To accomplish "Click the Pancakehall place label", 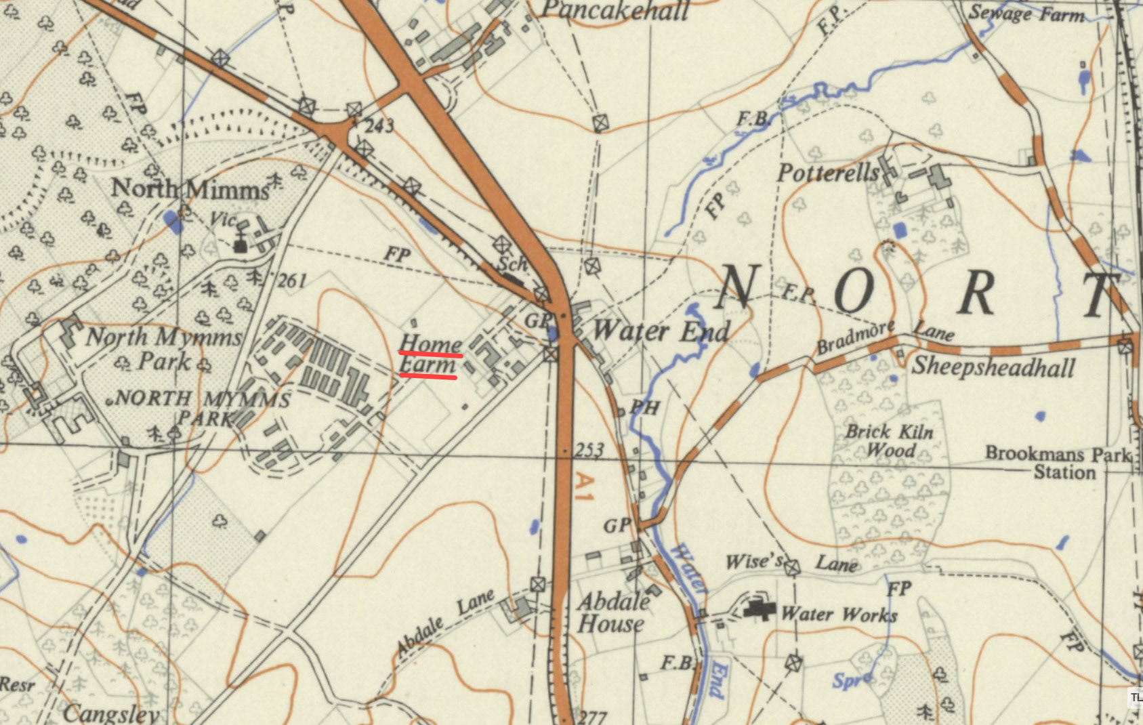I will click(615, 10).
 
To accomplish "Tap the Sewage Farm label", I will click(1026, 14).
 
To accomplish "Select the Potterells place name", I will click(828, 173).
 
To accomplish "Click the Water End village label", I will click(661, 331).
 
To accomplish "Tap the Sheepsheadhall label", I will click(993, 367).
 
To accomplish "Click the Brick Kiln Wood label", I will click(890, 441).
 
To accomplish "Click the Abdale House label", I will click(612, 613).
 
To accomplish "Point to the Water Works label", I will click(839, 615).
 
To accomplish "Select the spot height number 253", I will click(589, 451).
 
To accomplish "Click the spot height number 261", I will click(292, 280).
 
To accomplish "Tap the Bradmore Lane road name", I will click(884, 336).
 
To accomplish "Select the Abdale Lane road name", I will click(444, 622).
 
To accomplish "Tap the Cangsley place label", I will click(111, 714).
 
